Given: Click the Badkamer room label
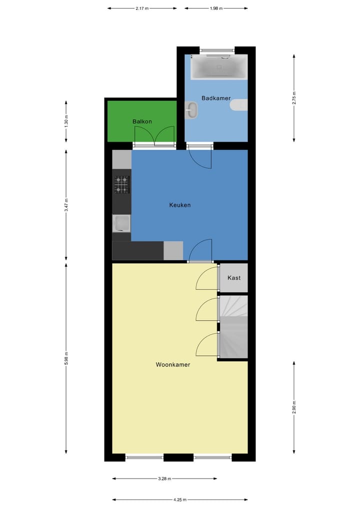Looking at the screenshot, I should [216, 98].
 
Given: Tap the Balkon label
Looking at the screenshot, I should [142, 121].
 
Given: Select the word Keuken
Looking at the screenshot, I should [179, 205].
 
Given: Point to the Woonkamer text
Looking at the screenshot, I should [173, 365].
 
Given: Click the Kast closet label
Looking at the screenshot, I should [234, 278].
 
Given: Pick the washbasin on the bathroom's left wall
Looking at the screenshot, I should [191, 110].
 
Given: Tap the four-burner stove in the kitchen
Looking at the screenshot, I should [121, 184].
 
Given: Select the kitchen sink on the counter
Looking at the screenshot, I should [121, 223].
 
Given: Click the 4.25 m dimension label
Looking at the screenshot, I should [180, 500].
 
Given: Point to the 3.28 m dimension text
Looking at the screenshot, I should [164, 479].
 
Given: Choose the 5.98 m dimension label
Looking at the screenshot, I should [66, 359].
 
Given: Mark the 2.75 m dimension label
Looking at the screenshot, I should [294, 98].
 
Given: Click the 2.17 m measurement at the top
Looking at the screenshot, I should [142, 8].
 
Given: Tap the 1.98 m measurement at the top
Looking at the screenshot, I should [216, 8].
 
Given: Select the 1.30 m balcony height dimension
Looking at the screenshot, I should [66, 121].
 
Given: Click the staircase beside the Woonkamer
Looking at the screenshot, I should [234, 327].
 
